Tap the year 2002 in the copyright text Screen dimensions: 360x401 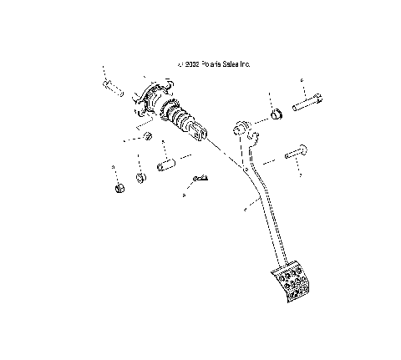click(x=189, y=63)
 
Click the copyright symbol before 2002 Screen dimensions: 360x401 click(x=177, y=63)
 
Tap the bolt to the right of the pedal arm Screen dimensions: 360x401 click(x=297, y=155)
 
